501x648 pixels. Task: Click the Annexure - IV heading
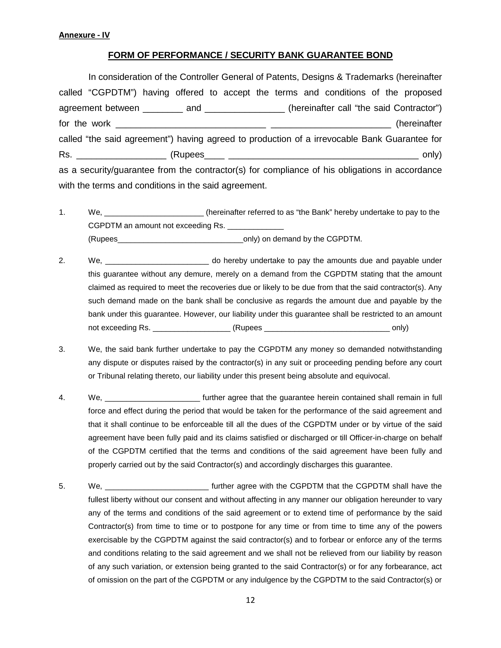point(84,35)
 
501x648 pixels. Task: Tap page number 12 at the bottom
point(250,600)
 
